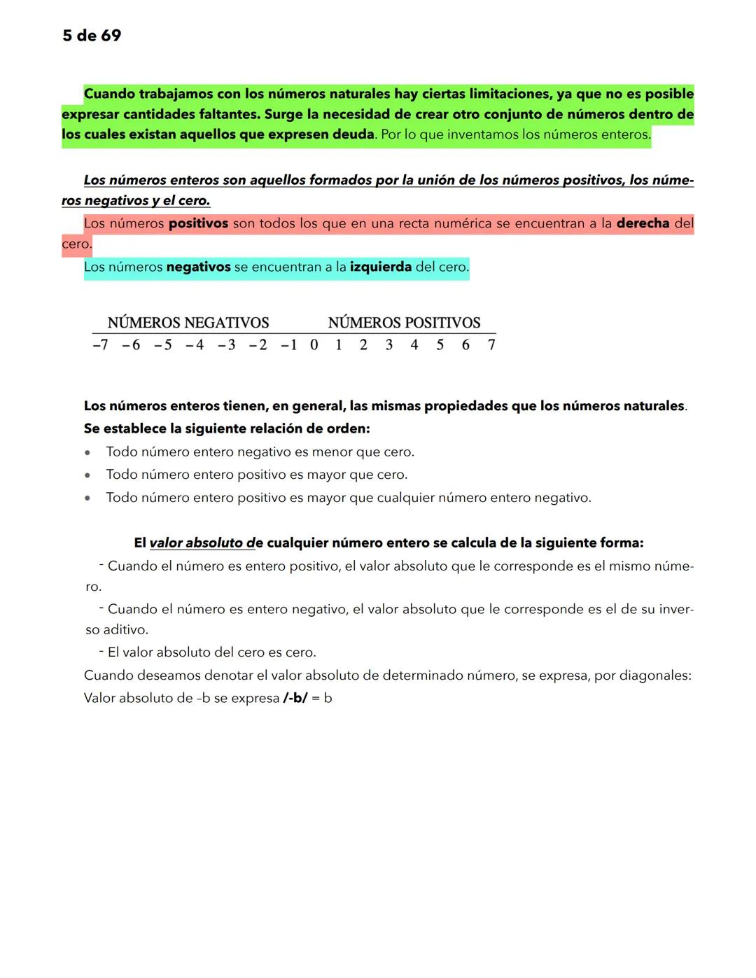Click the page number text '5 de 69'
coord(92,36)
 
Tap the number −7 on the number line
coord(100,344)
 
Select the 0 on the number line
coord(314,344)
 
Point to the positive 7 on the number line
coord(491,344)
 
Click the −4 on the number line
coord(195,344)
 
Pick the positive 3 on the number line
coord(389,344)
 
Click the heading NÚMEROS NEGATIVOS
coord(188,323)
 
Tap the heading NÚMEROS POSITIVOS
coord(404,323)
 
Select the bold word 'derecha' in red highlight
coord(643,223)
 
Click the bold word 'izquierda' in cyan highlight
coord(381,267)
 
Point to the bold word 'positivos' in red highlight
coord(198,223)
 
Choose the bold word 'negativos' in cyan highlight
coord(198,267)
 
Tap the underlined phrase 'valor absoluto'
coord(197,543)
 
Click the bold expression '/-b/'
coord(295,698)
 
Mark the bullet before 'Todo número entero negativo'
coord(87,453)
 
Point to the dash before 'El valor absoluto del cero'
coord(101,651)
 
